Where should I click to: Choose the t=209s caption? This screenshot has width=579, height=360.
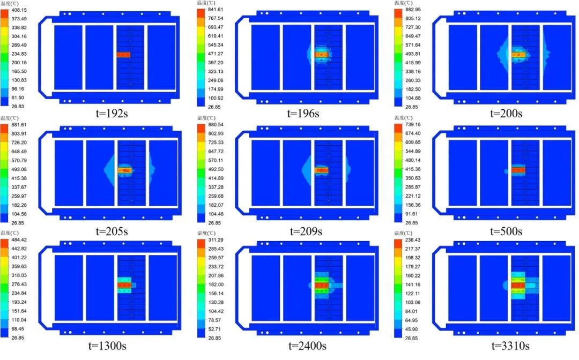point(306,231)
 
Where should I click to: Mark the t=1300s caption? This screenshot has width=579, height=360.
point(112,348)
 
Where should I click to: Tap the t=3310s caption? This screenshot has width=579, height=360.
point(506,348)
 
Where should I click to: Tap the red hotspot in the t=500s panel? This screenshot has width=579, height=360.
point(518,170)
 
